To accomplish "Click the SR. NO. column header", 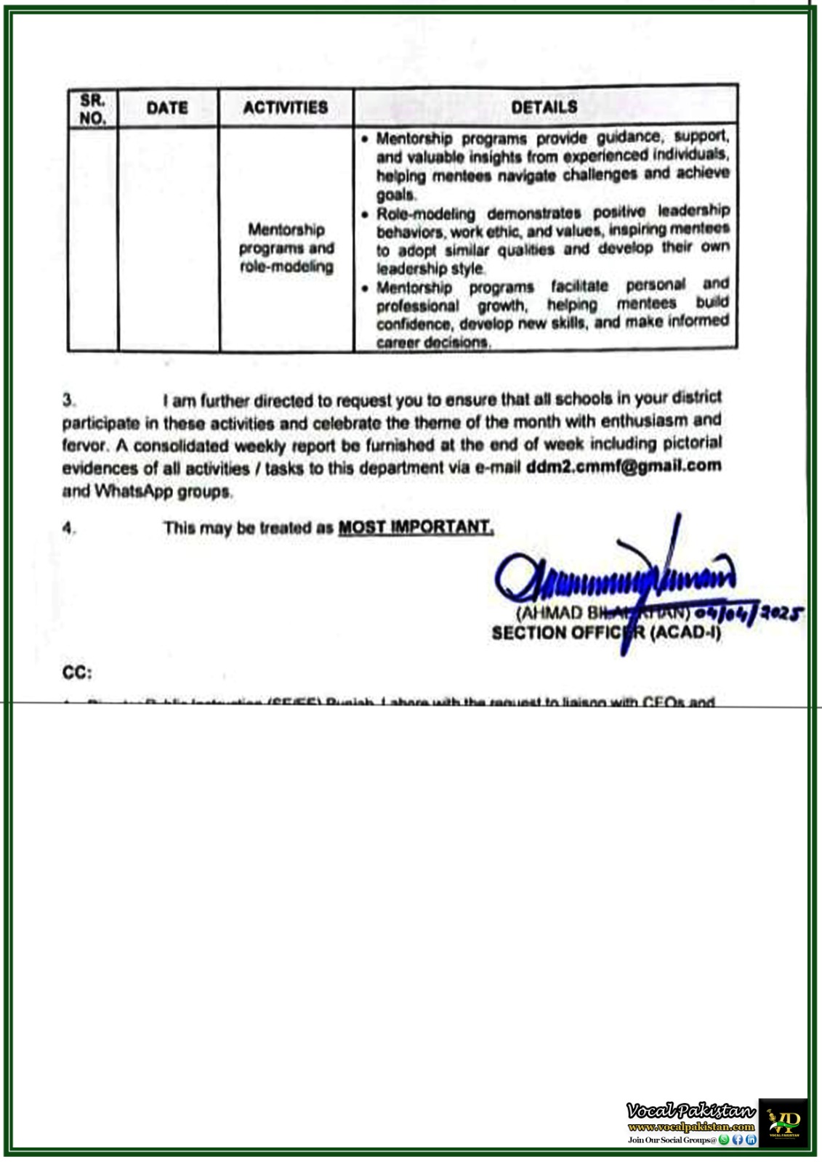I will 92,109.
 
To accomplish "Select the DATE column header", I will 167,108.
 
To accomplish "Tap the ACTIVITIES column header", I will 286,107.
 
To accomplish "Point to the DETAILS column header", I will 544,107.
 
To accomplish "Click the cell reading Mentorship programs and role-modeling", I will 286,248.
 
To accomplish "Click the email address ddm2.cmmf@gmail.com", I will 624,466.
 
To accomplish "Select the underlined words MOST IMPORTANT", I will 416,527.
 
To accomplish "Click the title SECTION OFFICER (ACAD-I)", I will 606,633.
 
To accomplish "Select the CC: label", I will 77,673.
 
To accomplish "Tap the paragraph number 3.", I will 68,400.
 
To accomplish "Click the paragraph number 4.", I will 68,528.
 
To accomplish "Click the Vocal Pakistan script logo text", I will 690,1110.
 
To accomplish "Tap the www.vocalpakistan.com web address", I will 691,1127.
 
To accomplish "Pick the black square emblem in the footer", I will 783,1122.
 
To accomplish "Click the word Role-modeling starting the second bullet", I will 425,214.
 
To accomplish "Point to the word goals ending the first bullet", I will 395,195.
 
